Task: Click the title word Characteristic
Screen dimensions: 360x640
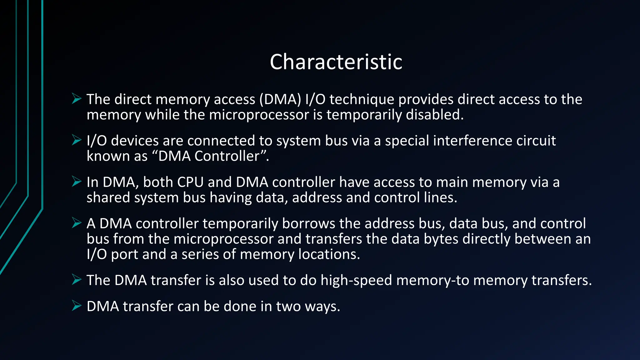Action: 336,62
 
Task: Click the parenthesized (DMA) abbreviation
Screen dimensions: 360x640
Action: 280,99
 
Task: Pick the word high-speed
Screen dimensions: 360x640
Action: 356,280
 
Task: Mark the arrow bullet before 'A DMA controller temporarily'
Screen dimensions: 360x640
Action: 76,223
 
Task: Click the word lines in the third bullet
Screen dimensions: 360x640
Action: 440,197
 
